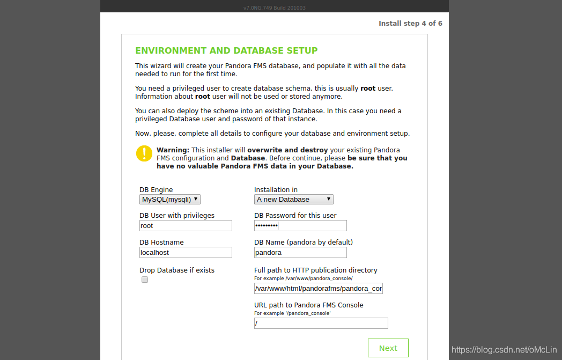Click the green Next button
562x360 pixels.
388,348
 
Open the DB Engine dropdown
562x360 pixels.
170,199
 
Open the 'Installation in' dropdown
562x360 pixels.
293,199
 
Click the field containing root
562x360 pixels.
186,226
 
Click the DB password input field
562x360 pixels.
300,226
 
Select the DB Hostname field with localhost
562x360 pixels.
186,252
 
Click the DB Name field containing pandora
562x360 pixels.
300,252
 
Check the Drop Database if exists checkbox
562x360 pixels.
145,280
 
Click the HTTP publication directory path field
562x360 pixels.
319,289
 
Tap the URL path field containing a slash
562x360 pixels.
321,323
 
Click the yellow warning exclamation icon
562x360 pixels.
144,153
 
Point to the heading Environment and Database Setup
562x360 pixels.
226,50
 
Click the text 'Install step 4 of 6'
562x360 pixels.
410,24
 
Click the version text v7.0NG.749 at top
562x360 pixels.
274,8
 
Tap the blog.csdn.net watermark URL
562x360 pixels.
505,350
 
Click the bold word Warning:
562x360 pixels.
173,150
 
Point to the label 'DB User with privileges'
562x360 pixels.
177,216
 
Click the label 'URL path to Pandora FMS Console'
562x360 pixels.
308,305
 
